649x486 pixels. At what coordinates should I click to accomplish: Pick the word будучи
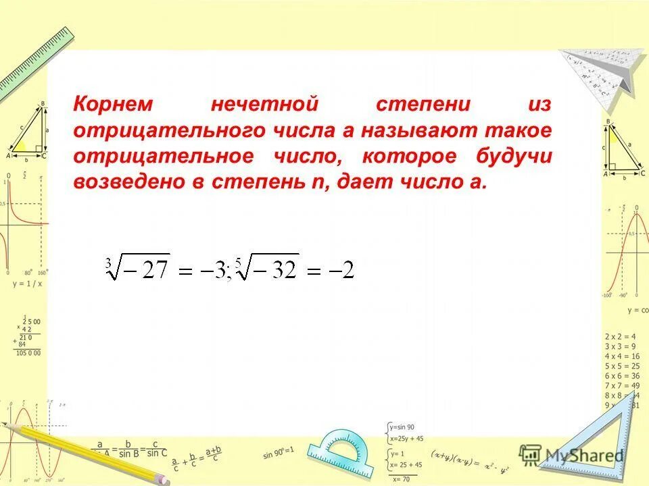click(512, 157)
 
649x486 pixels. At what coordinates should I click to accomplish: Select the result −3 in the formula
click(215, 271)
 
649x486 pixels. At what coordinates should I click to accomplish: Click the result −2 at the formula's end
click(340, 271)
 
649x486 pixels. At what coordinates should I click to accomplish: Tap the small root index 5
click(237, 256)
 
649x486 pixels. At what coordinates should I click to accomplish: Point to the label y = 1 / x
click(27, 283)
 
